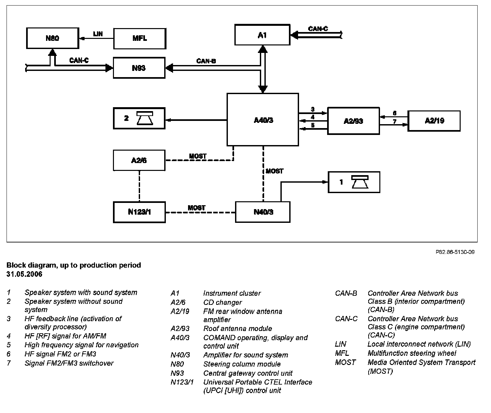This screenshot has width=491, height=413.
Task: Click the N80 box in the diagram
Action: click(x=53, y=38)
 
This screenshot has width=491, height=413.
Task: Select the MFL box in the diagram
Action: click(x=139, y=39)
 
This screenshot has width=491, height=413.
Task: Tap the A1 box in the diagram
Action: click(x=262, y=35)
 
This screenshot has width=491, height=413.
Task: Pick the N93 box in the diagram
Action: click(x=139, y=68)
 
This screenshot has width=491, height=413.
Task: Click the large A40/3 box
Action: click(x=263, y=120)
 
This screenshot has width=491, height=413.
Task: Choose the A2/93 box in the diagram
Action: click(x=353, y=121)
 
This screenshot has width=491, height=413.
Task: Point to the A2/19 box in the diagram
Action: click(x=434, y=121)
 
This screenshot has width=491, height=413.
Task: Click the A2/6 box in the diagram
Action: click(x=139, y=160)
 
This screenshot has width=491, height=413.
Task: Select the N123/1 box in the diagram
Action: click(x=139, y=212)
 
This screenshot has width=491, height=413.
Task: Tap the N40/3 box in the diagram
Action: click(x=263, y=212)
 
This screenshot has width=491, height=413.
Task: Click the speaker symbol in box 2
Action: click(x=145, y=119)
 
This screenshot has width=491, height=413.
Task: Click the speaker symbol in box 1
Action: click(x=359, y=182)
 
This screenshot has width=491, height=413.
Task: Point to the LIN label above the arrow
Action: click(x=98, y=34)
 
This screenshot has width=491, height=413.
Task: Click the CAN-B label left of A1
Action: click(x=206, y=61)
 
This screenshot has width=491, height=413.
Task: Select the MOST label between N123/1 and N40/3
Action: click(x=197, y=208)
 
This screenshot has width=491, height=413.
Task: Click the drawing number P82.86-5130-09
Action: click(x=455, y=252)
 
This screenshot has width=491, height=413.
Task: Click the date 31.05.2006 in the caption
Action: click(x=24, y=274)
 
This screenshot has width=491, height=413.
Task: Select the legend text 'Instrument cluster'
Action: click(x=232, y=293)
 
